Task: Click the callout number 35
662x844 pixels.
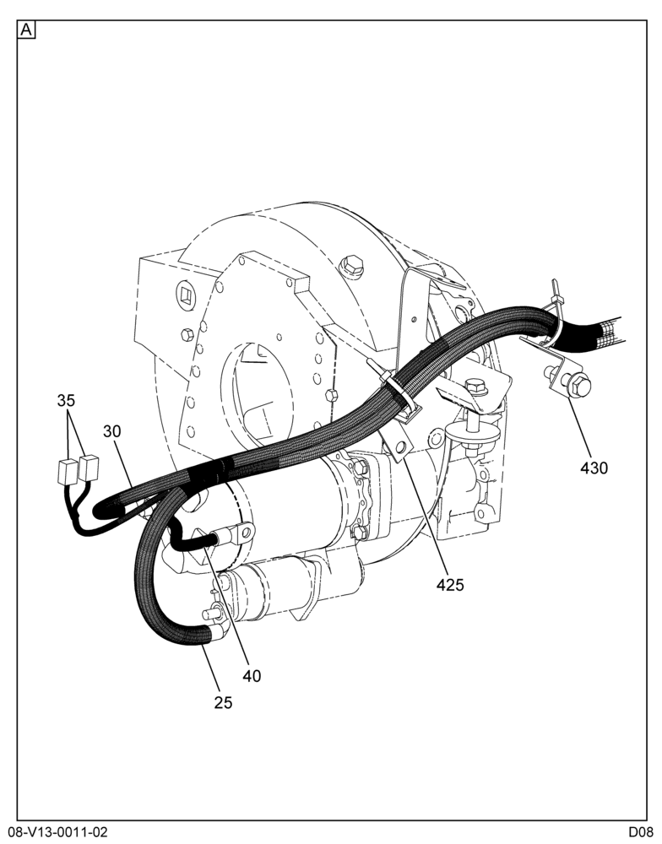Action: (66, 400)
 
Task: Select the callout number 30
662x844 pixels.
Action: (112, 431)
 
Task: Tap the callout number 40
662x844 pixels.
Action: (252, 676)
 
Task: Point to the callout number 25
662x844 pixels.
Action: (223, 702)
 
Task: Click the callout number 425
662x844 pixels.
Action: (450, 585)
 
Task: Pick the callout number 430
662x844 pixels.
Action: (594, 468)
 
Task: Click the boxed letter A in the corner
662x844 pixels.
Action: (26, 30)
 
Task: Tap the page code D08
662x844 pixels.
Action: (640, 832)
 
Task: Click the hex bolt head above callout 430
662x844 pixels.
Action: (579, 384)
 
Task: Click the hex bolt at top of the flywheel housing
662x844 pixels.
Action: (352, 267)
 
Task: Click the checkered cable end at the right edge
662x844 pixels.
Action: (609, 331)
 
